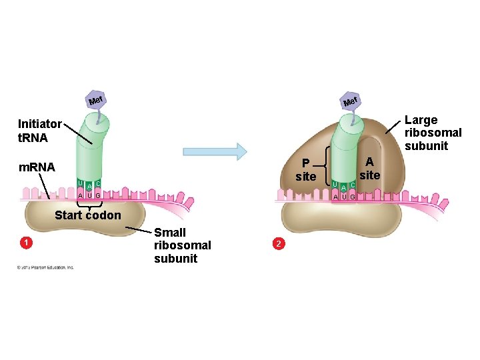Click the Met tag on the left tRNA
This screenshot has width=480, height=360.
(97, 101)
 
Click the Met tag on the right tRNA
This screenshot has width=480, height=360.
(351, 101)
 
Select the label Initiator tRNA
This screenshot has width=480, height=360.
(39, 130)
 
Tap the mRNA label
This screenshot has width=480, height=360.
(37, 167)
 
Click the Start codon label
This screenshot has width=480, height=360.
(88, 215)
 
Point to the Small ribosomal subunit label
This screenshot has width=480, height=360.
(182, 245)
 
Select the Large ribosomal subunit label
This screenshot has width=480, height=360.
(433, 133)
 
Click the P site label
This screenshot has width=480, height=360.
(305, 170)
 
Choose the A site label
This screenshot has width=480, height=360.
(369, 168)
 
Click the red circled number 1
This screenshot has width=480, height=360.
(25, 243)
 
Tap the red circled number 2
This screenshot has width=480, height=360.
(279, 244)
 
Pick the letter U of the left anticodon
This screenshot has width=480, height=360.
(80, 183)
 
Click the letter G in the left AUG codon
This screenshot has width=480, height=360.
(97, 195)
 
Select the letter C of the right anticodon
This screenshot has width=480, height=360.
(353, 184)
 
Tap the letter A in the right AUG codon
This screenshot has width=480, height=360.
(335, 196)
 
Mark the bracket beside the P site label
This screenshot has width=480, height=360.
(324, 170)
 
